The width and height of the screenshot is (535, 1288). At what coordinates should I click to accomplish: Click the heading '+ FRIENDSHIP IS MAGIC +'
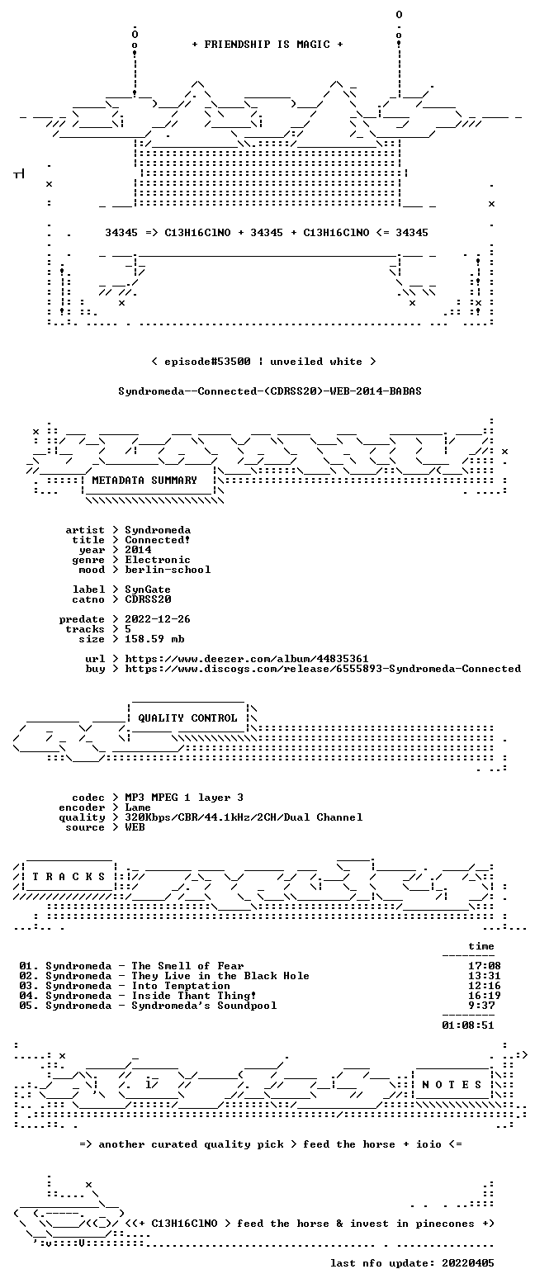click(267, 45)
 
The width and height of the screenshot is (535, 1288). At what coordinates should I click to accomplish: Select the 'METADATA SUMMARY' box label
click(144, 481)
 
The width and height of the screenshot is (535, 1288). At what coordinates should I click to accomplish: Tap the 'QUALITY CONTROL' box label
click(187, 718)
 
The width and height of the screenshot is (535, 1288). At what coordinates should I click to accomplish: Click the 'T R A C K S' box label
click(69, 877)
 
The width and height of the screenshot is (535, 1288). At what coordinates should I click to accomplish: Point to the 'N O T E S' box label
click(452, 1084)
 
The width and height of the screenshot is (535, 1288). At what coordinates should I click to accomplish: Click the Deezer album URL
click(247, 659)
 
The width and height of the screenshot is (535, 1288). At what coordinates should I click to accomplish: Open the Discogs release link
click(323, 669)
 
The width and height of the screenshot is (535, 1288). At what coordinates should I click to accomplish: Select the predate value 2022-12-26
click(158, 619)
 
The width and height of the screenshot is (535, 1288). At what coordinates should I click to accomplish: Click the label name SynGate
click(148, 590)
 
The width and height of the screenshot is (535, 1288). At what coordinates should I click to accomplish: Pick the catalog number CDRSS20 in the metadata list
click(148, 599)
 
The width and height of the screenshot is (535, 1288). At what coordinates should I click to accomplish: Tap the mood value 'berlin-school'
click(168, 570)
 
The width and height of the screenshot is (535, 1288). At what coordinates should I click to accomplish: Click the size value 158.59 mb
click(154, 639)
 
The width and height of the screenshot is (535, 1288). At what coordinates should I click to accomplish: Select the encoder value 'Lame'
click(138, 807)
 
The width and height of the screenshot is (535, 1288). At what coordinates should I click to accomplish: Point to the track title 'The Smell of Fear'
click(187, 966)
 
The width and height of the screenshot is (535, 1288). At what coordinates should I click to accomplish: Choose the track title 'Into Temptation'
click(181, 986)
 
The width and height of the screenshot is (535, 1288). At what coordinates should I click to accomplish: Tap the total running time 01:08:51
click(468, 1025)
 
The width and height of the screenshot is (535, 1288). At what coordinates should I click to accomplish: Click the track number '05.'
click(29, 1006)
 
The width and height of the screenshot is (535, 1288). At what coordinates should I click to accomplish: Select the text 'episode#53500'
click(208, 362)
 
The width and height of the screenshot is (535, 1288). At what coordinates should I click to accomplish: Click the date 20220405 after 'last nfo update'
click(468, 1263)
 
